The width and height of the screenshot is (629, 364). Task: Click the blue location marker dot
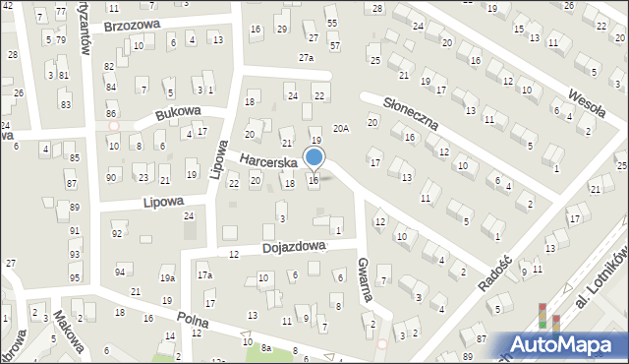point(314,157)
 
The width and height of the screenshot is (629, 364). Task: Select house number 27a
point(306,58)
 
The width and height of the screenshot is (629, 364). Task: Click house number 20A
point(341,128)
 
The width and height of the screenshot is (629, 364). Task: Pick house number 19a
point(167,278)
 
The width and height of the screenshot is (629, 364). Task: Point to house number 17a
point(203,275)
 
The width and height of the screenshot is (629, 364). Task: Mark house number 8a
point(265,348)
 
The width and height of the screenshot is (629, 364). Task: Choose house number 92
point(117,233)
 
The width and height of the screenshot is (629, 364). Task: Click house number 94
point(120,271)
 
